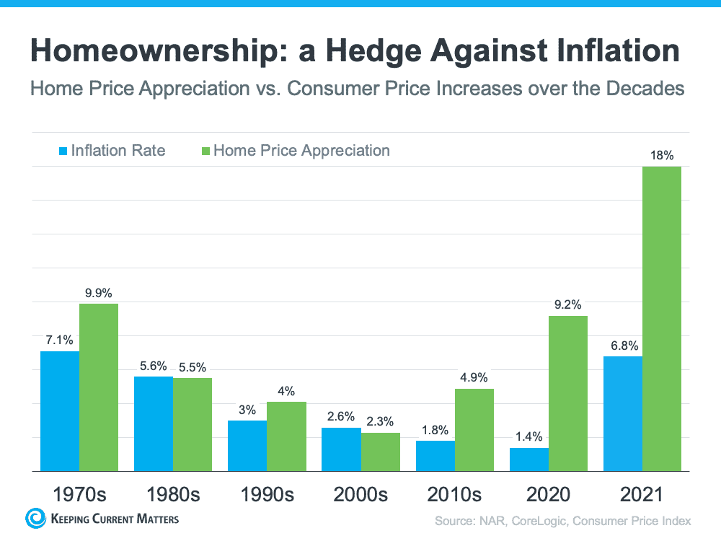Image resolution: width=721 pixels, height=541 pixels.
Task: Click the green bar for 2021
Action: (x=662, y=319)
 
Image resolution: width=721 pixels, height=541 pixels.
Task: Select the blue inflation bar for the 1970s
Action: (x=60, y=411)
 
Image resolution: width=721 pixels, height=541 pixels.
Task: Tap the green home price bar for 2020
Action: (x=568, y=394)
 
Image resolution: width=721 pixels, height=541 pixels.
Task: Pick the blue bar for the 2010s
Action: (x=435, y=456)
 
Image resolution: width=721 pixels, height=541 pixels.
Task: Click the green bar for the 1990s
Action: (x=286, y=436)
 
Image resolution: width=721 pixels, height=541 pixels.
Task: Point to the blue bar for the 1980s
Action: (x=154, y=424)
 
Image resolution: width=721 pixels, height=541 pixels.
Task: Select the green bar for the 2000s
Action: (x=380, y=452)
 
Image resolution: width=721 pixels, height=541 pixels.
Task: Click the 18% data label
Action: (x=662, y=156)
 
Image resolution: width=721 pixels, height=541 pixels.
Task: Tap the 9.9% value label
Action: (x=98, y=293)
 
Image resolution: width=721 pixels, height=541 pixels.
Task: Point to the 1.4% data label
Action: (x=528, y=436)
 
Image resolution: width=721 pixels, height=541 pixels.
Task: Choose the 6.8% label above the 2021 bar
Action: (x=624, y=346)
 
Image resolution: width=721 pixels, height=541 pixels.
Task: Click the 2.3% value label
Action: (x=380, y=421)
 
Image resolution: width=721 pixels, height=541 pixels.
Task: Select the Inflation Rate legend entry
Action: (x=112, y=151)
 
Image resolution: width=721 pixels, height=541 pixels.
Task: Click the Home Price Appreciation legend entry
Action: (x=296, y=151)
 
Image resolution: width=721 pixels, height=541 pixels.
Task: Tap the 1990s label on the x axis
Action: (x=267, y=495)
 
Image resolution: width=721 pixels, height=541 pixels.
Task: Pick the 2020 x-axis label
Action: (x=548, y=495)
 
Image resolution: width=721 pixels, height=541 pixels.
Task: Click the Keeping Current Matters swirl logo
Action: (x=35, y=518)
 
